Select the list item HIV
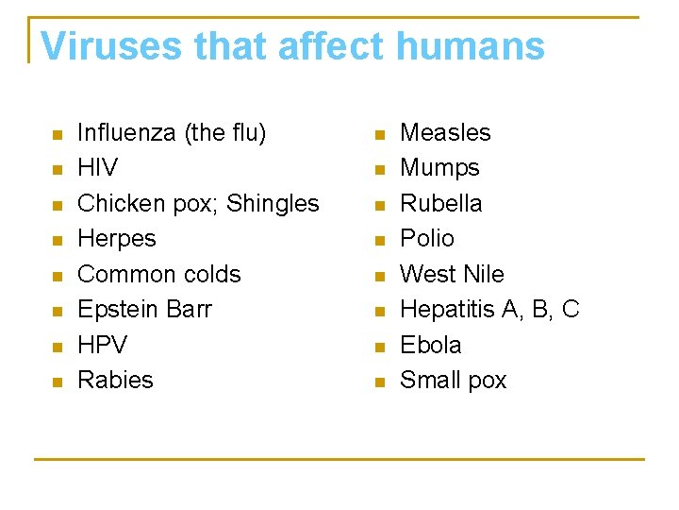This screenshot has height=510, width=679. [x=97, y=168]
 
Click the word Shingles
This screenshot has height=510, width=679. [x=273, y=204]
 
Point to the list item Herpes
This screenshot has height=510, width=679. [x=117, y=239]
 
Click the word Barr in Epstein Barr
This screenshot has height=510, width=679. [x=190, y=310]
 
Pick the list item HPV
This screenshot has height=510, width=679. [x=102, y=345]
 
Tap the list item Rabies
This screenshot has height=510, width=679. [x=115, y=381]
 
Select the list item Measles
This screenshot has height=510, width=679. [x=445, y=133]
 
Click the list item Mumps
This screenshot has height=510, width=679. [x=439, y=168]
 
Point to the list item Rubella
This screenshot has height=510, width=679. [x=440, y=204]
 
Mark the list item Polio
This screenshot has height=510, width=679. [x=427, y=239]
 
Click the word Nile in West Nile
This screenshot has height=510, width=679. [x=484, y=275]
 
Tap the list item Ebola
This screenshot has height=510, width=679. [x=431, y=345]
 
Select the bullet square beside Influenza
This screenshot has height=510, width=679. [x=57, y=134]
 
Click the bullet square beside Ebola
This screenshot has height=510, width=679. [x=379, y=347]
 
